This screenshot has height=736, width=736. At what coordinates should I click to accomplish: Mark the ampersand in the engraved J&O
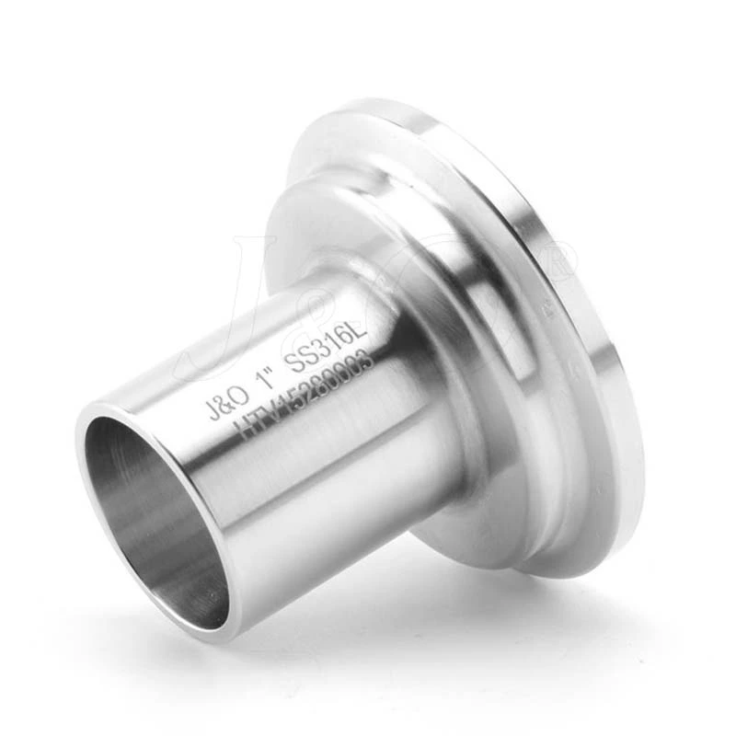(226, 404)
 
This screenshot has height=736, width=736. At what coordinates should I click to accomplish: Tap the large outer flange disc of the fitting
(589, 368)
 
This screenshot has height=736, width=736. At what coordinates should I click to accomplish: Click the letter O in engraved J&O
(241, 397)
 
